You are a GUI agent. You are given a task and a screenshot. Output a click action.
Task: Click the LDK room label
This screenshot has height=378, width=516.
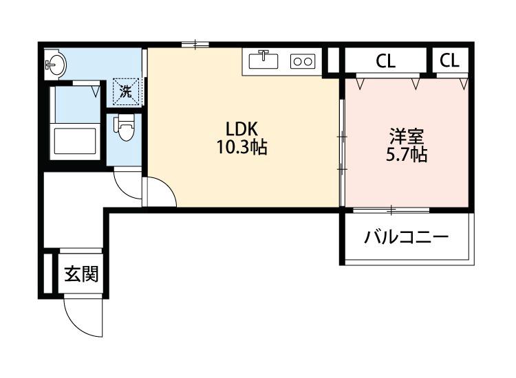(x=241, y=128)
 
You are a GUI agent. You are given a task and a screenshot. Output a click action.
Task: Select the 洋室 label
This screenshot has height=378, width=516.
(x=407, y=135)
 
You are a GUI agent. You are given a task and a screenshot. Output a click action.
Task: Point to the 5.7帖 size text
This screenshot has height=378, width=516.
(x=407, y=155)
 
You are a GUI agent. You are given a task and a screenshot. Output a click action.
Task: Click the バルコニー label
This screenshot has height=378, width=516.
(x=407, y=238)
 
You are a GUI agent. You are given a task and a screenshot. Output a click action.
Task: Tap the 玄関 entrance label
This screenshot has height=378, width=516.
(x=81, y=274)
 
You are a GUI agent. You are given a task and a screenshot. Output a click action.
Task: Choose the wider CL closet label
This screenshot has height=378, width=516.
(x=386, y=60)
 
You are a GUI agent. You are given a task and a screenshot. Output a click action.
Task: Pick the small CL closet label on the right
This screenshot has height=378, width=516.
(x=449, y=60)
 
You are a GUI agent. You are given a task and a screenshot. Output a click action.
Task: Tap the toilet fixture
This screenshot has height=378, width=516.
(x=125, y=129)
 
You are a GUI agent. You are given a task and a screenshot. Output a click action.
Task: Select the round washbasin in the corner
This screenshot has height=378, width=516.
(x=56, y=66)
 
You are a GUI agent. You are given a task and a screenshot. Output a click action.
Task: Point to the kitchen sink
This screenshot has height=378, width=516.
(x=263, y=60)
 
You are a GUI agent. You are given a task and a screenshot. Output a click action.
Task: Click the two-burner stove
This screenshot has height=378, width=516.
(x=303, y=61)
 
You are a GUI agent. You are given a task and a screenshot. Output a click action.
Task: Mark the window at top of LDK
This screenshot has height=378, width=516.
(x=195, y=45)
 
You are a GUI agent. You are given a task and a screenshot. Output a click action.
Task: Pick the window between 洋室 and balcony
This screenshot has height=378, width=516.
(x=389, y=208)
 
